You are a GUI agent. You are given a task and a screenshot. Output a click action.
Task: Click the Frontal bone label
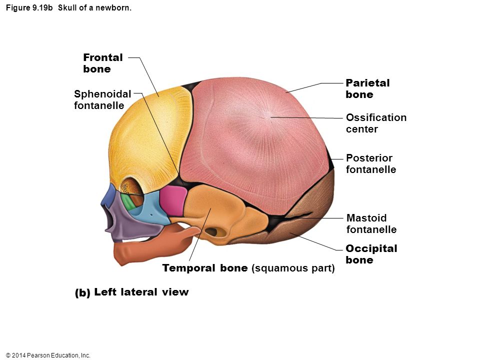pos(103,63)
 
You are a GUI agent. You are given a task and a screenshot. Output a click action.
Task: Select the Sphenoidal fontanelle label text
pos(102,99)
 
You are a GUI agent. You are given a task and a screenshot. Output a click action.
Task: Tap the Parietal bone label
pos(367,88)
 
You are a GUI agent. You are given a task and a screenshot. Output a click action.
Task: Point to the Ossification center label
pos(376,123)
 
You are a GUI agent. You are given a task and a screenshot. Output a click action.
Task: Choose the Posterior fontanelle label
pos(371,163)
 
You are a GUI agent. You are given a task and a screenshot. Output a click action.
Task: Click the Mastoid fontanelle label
pos(371,223)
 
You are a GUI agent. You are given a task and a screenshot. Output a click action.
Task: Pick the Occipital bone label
pos(371,254)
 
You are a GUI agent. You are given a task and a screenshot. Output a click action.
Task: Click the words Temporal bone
pos(205,268)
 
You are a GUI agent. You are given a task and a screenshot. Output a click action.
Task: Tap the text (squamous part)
pos(293,268)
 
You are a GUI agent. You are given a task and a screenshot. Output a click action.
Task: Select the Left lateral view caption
pos(131,292)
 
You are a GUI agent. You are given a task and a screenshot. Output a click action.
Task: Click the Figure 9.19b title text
pos(68,7)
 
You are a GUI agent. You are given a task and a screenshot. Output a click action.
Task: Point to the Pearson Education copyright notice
pos(48,355)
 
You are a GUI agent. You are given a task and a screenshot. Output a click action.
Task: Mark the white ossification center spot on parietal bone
pos(269,115)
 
